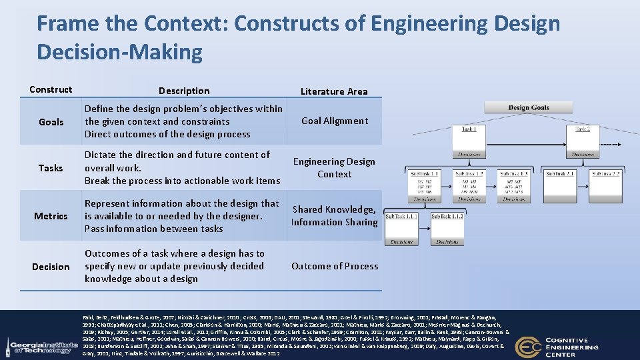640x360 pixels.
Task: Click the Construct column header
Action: (x=51, y=89)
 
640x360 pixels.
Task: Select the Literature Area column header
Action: (x=333, y=91)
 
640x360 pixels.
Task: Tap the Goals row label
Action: (x=51, y=122)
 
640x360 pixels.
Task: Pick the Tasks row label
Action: (x=51, y=168)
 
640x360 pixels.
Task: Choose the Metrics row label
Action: (x=51, y=216)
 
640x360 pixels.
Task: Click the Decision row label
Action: (x=51, y=267)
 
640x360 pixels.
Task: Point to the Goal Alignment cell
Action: (x=334, y=121)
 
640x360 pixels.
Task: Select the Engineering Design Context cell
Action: (x=334, y=167)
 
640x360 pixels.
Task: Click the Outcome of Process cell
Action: (x=335, y=266)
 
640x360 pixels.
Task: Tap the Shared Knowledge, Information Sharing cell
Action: (x=334, y=215)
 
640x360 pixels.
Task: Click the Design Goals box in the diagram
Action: (x=528, y=107)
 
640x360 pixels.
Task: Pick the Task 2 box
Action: (x=582, y=129)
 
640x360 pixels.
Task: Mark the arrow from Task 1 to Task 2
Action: (x=527, y=129)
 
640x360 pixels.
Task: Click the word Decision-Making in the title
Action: (x=119, y=51)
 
